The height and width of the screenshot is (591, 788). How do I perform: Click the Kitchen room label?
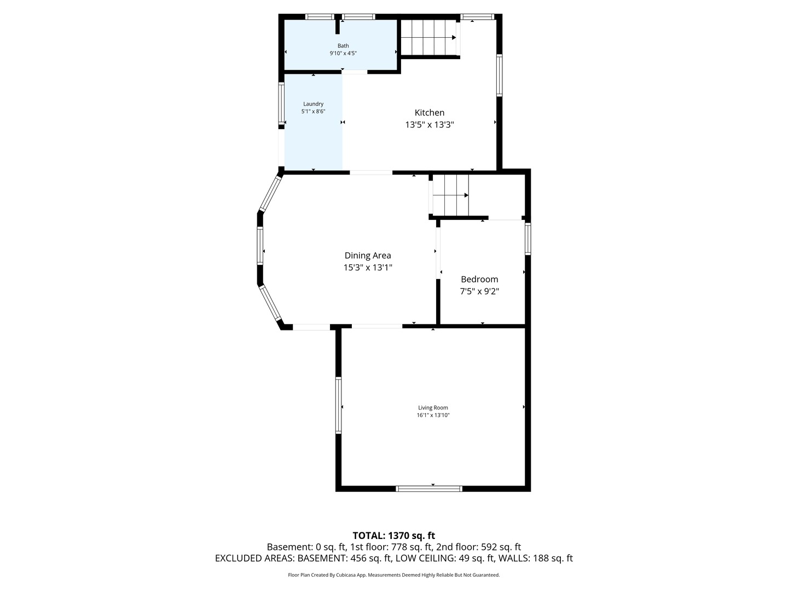click(429, 113)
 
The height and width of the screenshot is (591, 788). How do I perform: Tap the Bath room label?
click(343, 46)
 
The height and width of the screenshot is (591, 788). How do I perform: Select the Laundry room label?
click(313, 104)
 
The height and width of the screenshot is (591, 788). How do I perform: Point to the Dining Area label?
click(368, 256)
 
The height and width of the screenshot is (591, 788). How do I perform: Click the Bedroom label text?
click(479, 279)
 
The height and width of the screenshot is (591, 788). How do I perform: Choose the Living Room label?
click(433, 408)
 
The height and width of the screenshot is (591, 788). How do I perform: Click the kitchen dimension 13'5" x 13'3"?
click(429, 125)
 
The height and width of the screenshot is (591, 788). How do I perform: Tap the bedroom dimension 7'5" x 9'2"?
click(479, 291)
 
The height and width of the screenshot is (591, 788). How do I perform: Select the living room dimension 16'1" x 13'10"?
click(433, 415)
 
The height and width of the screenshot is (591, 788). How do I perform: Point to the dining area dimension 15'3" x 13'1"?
click(368, 268)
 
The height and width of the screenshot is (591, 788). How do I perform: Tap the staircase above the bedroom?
click(451, 195)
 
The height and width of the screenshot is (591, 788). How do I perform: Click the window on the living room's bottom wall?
click(429, 489)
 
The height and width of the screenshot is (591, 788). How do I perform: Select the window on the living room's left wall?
click(339, 405)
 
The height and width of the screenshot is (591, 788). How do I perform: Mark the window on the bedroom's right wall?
click(528, 239)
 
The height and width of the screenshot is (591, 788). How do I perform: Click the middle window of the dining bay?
click(260, 246)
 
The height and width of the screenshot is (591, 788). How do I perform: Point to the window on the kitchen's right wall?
click(499, 76)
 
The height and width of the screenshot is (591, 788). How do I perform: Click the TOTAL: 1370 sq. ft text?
click(393, 536)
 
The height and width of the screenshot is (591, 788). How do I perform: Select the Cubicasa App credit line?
click(393, 575)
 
